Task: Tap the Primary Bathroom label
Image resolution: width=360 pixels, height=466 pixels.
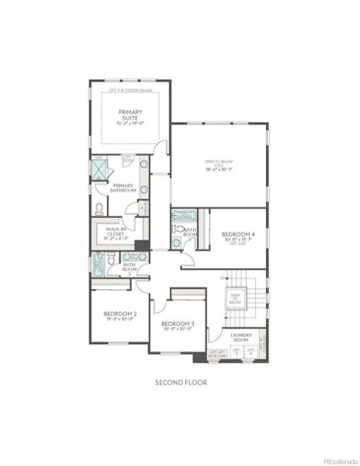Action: pos(124,187)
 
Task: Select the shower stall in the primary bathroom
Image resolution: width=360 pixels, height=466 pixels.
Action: pos(99,169)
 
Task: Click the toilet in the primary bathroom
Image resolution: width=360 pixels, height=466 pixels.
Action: pos(99,208)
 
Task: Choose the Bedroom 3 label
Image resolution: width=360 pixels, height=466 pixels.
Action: pos(178,322)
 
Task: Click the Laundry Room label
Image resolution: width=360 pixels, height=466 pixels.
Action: pos(240,336)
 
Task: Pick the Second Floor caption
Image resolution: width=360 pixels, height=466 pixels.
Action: pos(181,382)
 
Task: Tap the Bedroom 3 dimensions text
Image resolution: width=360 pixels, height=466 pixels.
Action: pos(178,329)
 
